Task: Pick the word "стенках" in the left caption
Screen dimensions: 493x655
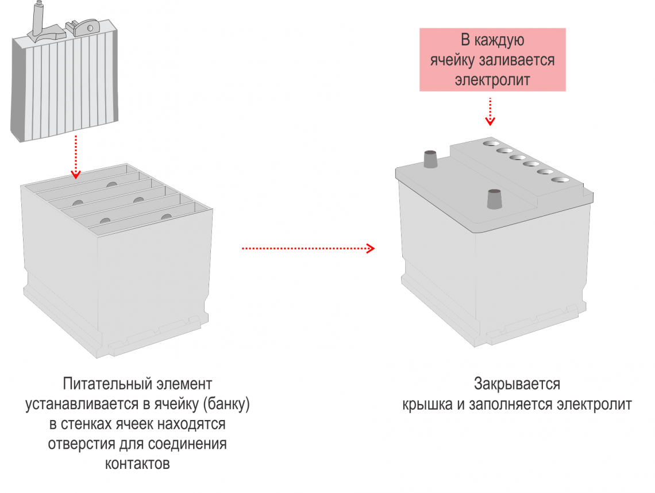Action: (x=88, y=424)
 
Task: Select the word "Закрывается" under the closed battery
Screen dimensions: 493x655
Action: (x=517, y=383)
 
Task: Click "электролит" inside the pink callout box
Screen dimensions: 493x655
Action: (x=492, y=79)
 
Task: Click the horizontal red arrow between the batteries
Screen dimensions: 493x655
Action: (x=308, y=248)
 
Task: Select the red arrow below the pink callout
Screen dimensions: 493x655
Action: (x=490, y=111)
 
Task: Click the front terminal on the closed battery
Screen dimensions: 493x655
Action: (x=494, y=199)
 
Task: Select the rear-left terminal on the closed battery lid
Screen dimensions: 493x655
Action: (x=430, y=159)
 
